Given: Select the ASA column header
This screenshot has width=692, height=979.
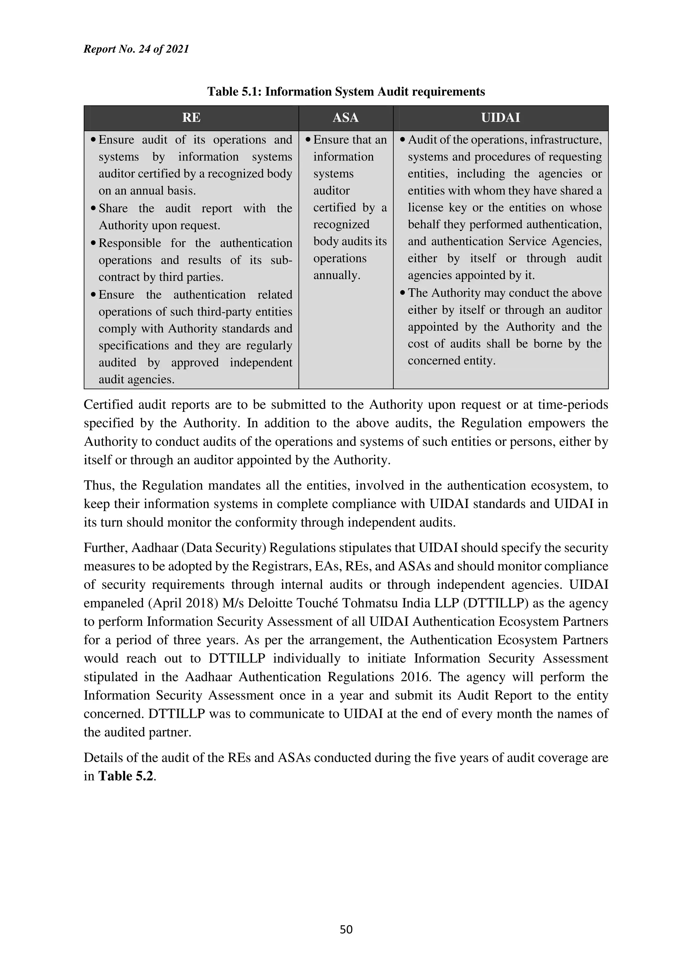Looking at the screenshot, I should pos(345,118).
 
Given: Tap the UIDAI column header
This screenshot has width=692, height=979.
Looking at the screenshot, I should pos(500,118).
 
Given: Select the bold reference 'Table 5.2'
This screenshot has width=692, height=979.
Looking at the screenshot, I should pos(125,776).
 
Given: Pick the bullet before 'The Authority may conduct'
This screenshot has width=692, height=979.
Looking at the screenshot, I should pos(402,293).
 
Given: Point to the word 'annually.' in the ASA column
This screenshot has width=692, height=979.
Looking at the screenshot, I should pos(337,275).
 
